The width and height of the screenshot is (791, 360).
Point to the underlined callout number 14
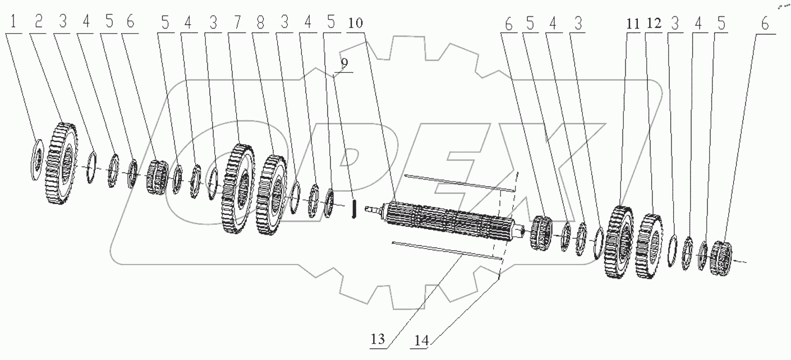tap(424, 340)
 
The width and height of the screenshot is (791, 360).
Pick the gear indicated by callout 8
tap(272, 194)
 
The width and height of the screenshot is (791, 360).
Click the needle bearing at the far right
tap(722, 258)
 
